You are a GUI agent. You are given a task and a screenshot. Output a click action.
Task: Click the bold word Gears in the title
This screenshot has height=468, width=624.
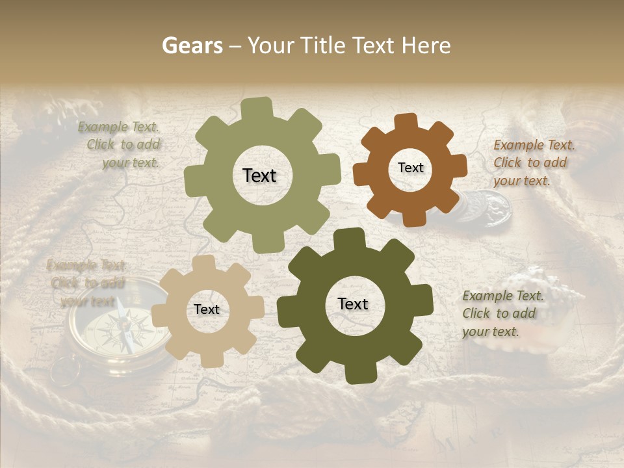pyautogui.click(x=192, y=45)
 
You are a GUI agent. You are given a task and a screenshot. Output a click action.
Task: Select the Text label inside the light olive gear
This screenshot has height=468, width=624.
pyautogui.click(x=259, y=175)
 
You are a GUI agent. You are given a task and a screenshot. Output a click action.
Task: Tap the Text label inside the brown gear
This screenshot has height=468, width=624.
pyautogui.click(x=410, y=168)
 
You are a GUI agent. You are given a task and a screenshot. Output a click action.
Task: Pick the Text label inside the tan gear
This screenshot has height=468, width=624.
pyautogui.click(x=207, y=309)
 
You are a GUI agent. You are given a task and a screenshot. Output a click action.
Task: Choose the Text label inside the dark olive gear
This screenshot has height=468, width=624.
pyautogui.click(x=353, y=304)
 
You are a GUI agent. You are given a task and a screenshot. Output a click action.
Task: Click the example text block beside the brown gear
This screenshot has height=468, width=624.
pyautogui.click(x=534, y=162)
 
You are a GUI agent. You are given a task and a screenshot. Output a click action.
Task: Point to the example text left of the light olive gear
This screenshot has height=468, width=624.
pyautogui.click(x=121, y=145)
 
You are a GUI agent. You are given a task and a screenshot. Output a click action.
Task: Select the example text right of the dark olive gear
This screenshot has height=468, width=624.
pyautogui.click(x=502, y=313)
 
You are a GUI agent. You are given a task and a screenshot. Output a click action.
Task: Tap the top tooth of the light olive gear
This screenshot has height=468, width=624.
pyautogui.click(x=257, y=108)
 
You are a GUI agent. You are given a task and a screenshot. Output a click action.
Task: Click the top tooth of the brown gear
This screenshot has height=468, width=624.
pyautogui.click(x=406, y=122)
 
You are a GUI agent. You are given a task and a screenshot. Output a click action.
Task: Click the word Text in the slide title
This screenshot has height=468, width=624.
pyautogui.click(x=374, y=45)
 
